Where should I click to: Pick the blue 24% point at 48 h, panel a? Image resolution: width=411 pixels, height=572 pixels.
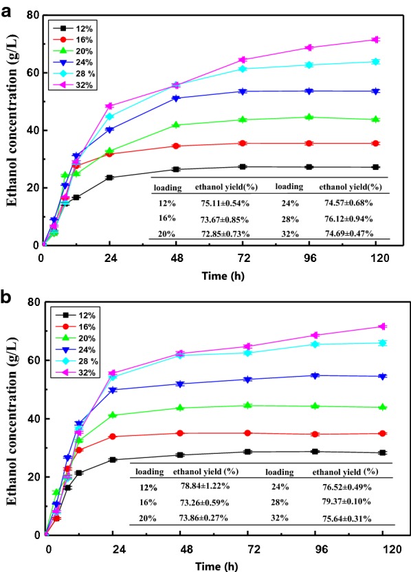point(177,98)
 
